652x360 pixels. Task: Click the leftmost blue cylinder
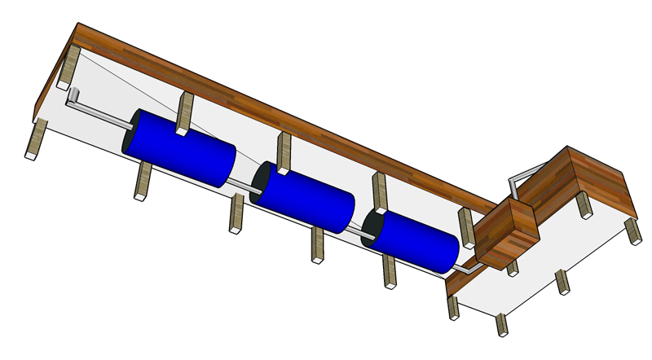tap(183, 147)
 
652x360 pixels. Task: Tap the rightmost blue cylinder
tap(416, 241)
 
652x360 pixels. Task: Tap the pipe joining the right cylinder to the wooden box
tap(466, 266)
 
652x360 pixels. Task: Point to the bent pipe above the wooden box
tap(522, 176)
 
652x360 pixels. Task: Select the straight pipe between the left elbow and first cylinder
tap(102, 114)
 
